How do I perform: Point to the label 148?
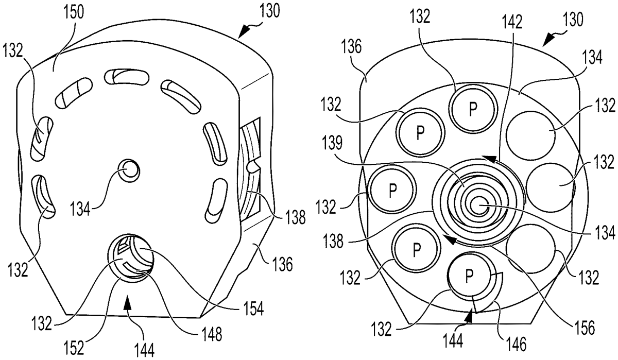[212, 334]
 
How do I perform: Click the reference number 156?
[584, 328]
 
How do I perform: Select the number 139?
[331, 144]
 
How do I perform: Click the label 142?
[512, 22]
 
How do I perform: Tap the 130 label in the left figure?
[269, 11]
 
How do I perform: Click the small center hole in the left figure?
[129, 170]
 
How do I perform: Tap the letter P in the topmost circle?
[473, 109]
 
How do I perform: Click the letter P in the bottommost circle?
[469, 276]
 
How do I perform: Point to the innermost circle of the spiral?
[479, 205]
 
